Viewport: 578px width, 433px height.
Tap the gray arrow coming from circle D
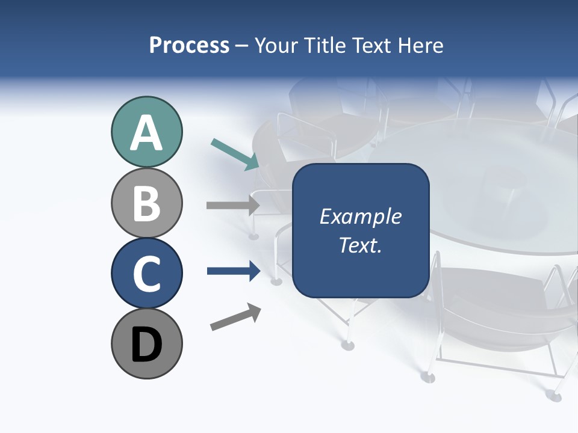235,316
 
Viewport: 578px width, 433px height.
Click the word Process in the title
189,45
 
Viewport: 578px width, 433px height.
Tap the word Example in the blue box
360,216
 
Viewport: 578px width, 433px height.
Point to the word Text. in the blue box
360,245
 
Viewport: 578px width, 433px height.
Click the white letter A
147,134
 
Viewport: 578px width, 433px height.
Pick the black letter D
147,345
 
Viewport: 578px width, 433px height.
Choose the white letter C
147,274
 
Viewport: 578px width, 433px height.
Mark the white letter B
147,203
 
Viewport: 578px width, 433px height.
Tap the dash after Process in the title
241,46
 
